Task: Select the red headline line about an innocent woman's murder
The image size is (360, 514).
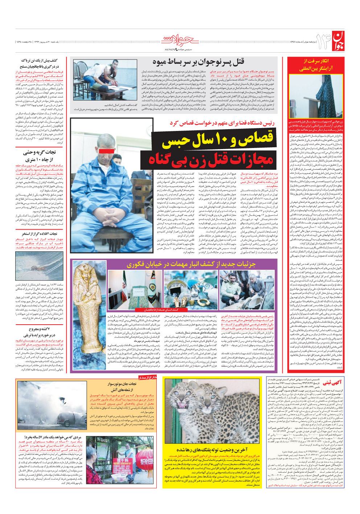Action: [210, 159]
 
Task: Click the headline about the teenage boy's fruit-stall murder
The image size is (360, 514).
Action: [198, 62]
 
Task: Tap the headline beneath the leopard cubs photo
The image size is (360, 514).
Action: [212, 450]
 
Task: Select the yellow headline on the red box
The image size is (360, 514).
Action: [315, 65]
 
